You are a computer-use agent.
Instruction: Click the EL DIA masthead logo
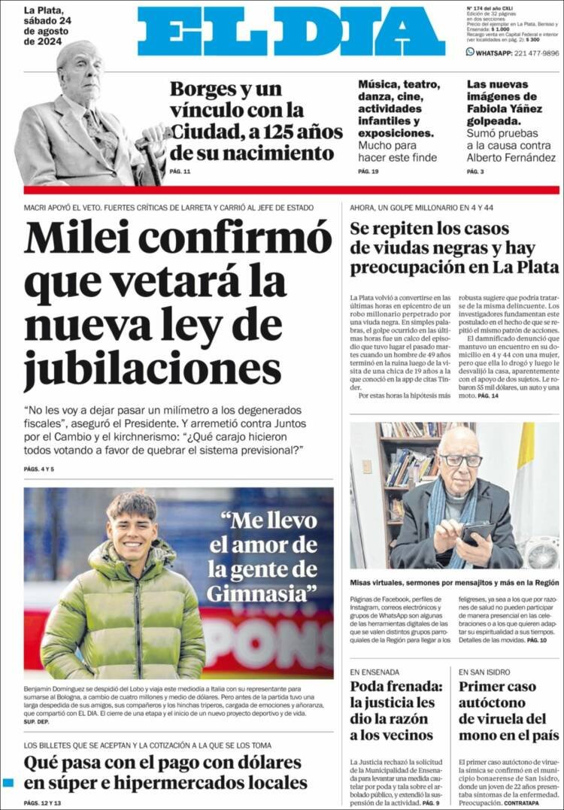tap(291, 32)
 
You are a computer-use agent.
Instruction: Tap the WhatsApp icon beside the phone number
tap(471, 53)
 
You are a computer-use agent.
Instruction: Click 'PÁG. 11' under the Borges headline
tap(180, 172)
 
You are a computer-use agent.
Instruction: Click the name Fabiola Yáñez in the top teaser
tap(501, 109)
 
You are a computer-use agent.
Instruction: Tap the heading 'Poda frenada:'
tap(396, 687)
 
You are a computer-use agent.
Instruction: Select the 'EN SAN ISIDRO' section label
tap(484, 672)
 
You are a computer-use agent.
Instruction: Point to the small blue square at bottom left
tap(8, 783)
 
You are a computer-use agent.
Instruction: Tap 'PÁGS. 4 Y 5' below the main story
tap(39, 469)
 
